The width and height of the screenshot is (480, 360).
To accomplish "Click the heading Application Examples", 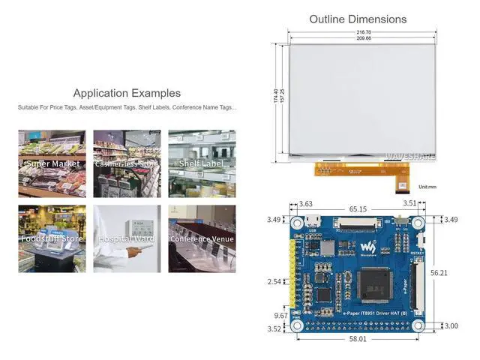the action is [x=127, y=94].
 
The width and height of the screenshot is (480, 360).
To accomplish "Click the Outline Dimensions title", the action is [x=358, y=19].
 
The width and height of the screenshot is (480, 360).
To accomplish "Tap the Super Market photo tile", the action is [x=52, y=163].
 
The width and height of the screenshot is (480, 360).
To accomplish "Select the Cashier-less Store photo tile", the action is [x=127, y=163].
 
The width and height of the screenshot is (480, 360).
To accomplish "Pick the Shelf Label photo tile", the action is [x=202, y=163].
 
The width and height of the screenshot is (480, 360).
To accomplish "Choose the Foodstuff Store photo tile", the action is [x=52, y=238].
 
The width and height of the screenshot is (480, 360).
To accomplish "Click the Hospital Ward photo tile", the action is [x=127, y=238].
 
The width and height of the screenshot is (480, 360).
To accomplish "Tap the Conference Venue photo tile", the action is [x=202, y=238].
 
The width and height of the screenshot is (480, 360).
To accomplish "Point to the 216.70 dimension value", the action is [x=364, y=33].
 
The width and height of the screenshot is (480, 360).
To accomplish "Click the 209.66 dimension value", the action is [x=364, y=39].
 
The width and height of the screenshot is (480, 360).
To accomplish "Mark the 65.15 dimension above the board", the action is [x=358, y=210].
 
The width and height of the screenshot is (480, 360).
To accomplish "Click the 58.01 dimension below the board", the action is [x=358, y=339].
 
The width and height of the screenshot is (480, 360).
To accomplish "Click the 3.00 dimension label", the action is [x=450, y=325].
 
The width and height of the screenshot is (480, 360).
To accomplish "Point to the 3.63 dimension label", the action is [x=306, y=203].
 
